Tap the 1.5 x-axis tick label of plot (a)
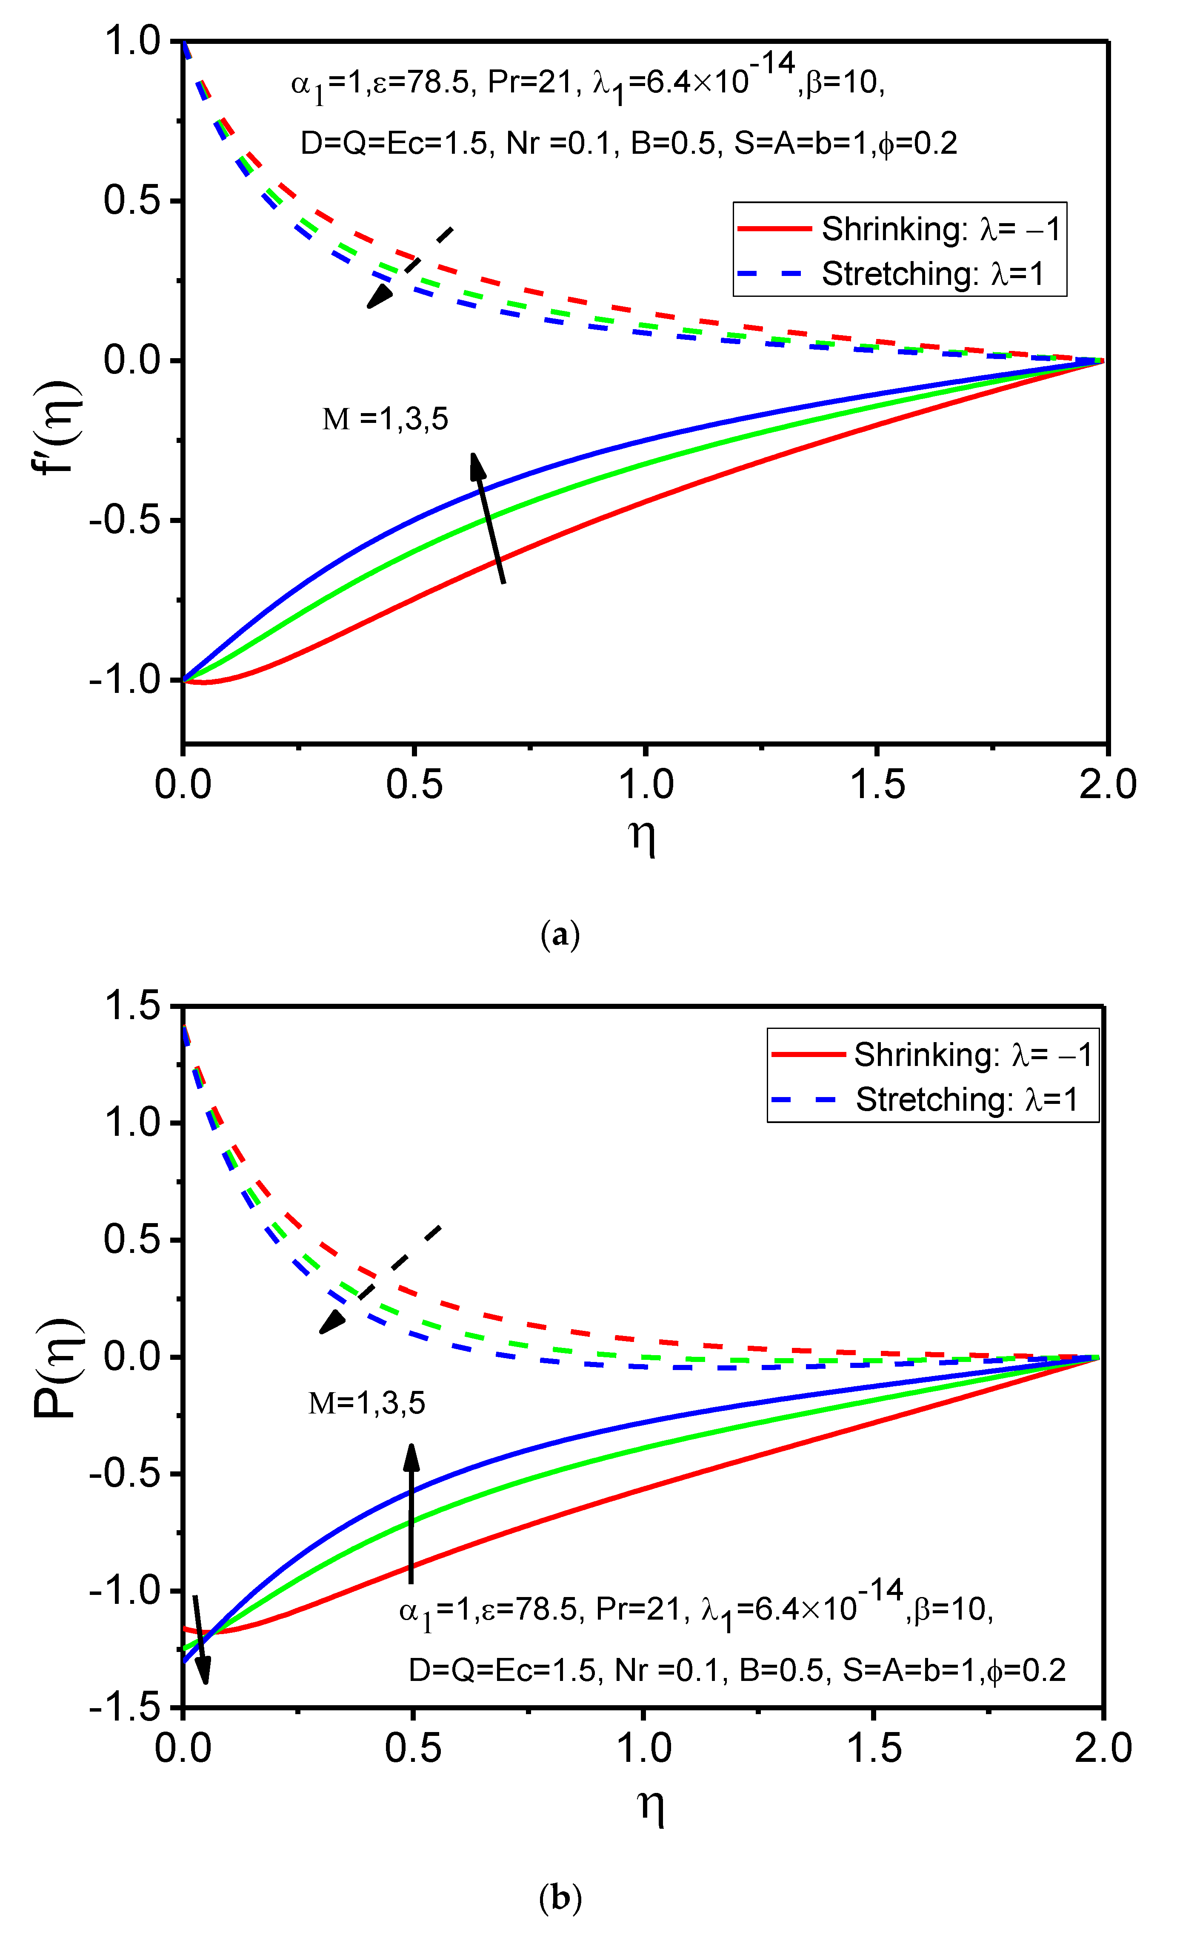(877, 785)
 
